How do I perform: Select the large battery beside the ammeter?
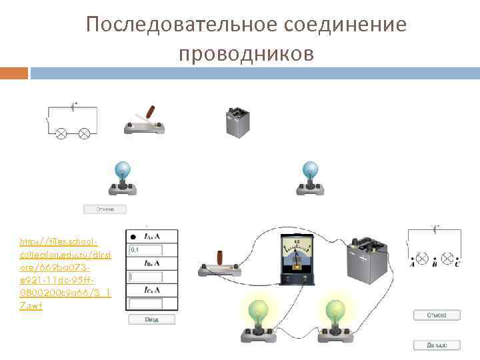pos(365,263)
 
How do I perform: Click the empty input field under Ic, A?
pos(146,303)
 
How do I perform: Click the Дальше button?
pos(437,345)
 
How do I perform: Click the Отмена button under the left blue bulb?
pos(104,209)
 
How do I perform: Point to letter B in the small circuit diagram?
pos(435,264)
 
